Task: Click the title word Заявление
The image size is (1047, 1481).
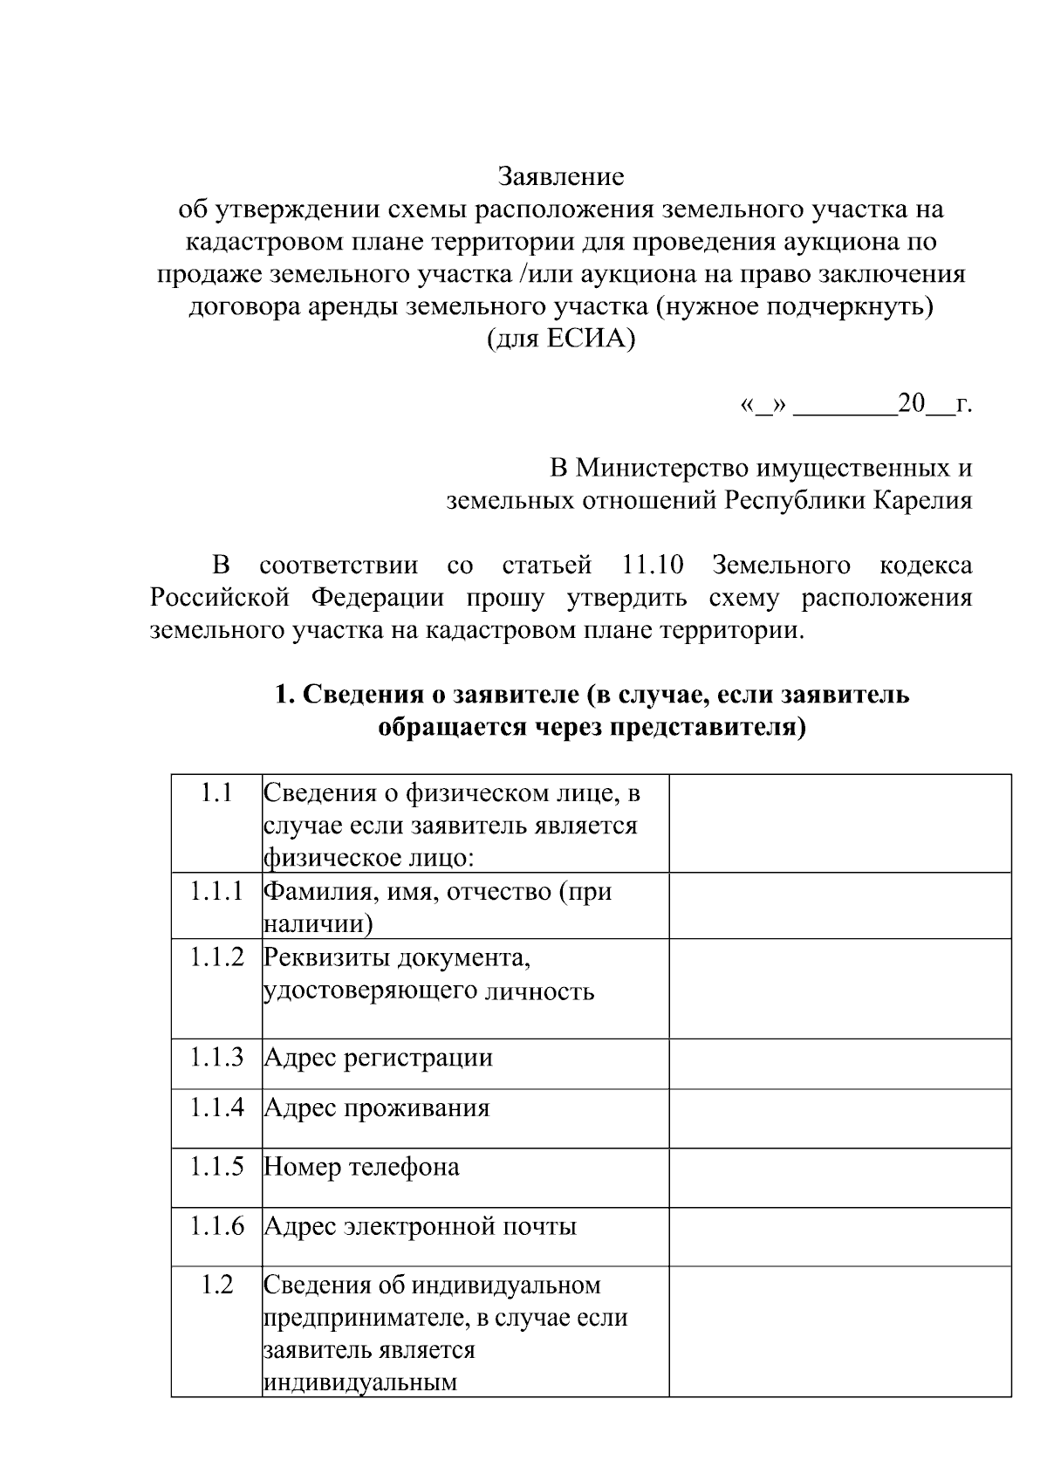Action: tap(561, 177)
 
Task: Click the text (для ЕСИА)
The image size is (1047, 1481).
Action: tap(561, 339)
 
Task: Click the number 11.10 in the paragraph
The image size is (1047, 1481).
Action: tap(653, 565)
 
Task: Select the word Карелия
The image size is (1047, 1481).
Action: tap(924, 501)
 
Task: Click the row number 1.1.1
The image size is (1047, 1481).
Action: tap(216, 891)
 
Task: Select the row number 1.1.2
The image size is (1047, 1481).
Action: tap(216, 957)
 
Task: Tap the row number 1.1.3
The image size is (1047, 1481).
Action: tap(216, 1057)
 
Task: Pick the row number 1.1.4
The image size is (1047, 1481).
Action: tap(216, 1107)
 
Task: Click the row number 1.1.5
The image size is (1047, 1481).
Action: tap(216, 1167)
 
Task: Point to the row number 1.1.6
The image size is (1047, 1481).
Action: tap(216, 1226)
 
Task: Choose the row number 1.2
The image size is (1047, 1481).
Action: tap(216, 1285)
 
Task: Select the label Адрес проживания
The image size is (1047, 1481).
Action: tap(376, 1108)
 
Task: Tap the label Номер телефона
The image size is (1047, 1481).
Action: tap(361, 1168)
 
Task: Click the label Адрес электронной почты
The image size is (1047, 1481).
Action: tap(420, 1227)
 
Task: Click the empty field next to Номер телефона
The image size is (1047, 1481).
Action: tap(839, 1177)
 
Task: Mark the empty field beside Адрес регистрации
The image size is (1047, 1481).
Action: tap(839, 1063)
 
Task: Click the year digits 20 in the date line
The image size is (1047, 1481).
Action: tap(911, 404)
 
